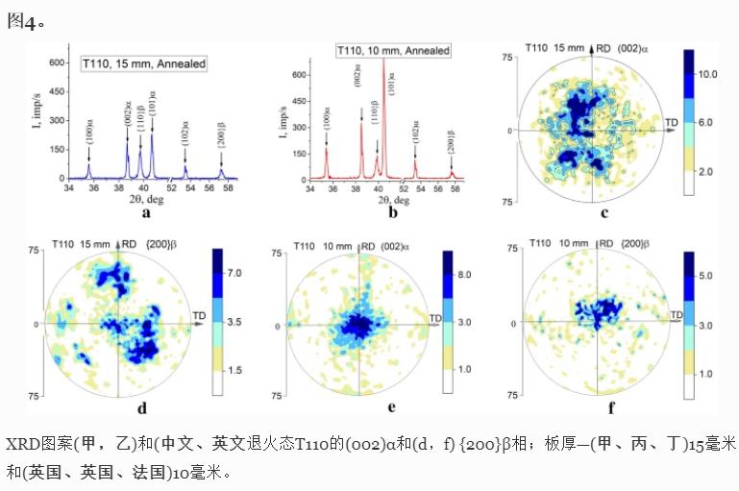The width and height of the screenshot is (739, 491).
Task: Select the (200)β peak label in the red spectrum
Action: pyautogui.click(x=451, y=150)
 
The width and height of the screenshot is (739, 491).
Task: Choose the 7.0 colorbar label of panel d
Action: pyautogui.click(x=234, y=274)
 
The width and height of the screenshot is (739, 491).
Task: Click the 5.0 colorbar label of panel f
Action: pyautogui.click(x=707, y=276)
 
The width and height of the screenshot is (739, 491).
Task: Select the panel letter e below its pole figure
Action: pyautogui.click(x=391, y=406)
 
